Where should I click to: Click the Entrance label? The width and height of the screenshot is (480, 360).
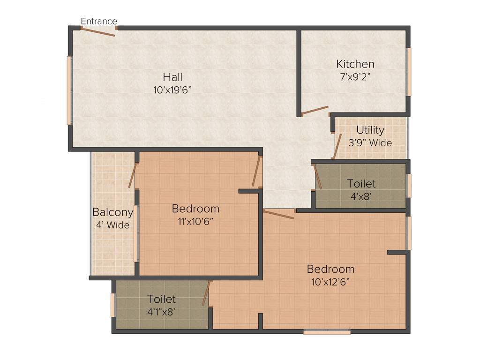point(99,21)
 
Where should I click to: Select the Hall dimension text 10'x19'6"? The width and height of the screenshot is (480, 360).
point(172,90)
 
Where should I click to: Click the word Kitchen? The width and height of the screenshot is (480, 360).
point(355,64)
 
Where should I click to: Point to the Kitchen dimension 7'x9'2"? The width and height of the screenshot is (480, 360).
point(355,77)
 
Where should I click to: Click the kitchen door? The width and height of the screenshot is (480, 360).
point(315,111)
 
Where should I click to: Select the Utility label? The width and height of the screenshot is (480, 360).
point(370,130)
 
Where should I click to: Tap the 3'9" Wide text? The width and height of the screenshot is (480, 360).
point(370,143)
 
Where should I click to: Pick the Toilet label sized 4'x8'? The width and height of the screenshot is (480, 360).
point(361,183)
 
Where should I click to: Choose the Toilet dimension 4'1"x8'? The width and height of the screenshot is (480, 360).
point(161,311)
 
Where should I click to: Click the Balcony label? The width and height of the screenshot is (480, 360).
point(112,212)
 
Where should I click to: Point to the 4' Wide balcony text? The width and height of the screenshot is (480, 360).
point(112,225)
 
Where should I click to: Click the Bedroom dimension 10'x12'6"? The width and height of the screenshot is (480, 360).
point(330,282)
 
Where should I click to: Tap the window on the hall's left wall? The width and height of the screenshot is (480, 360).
point(69,90)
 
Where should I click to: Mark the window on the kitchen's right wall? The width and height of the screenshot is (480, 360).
point(409,72)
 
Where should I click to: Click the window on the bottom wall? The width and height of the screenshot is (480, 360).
point(327,332)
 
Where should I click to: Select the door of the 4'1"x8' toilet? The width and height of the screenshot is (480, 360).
point(206,293)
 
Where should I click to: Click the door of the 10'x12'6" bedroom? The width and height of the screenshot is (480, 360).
point(279,214)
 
